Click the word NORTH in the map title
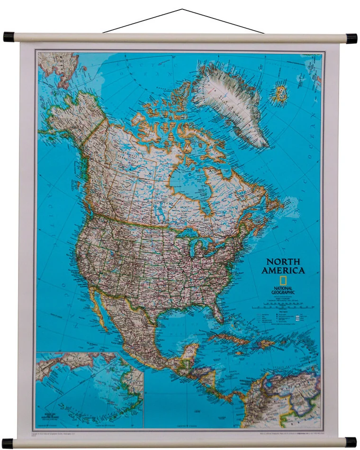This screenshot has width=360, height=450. (283, 261)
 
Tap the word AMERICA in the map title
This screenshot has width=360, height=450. (283, 270)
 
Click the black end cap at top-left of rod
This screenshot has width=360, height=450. (9, 37)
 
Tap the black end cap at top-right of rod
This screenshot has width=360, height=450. (351, 38)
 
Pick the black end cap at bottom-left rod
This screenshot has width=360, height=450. (8, 443)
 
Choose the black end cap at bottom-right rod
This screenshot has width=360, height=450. (351, 442)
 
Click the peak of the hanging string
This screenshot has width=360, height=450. (182, 9)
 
